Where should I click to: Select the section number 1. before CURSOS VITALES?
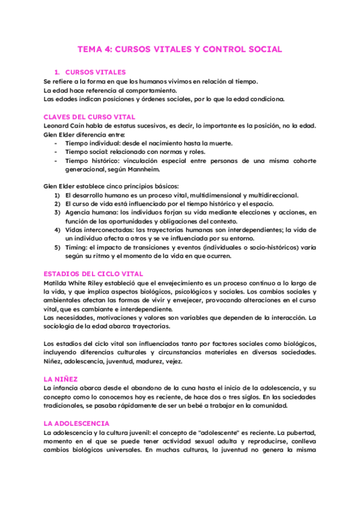[57, 72]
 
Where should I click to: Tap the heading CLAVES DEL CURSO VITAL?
[90, 117]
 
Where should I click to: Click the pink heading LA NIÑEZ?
[61, 380]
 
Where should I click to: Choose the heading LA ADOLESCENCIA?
[76, 424]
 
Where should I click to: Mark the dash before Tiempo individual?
[56, 143]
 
